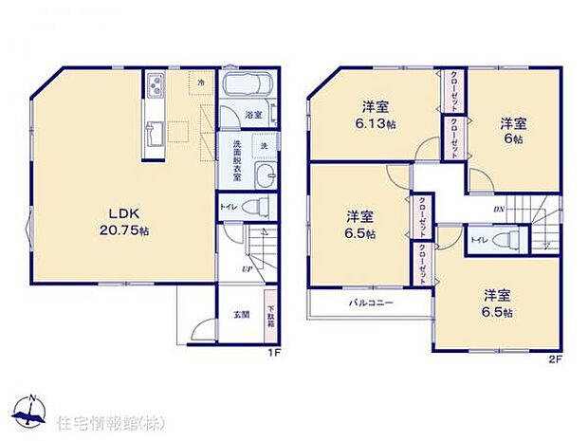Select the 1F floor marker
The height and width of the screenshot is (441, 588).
[271, 354]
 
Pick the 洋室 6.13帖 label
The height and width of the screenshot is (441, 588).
[377, 114]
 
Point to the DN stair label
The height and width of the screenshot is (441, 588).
[498, 210]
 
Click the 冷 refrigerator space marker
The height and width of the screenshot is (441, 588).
[201, 84]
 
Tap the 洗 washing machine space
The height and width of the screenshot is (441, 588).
[265, 145]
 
